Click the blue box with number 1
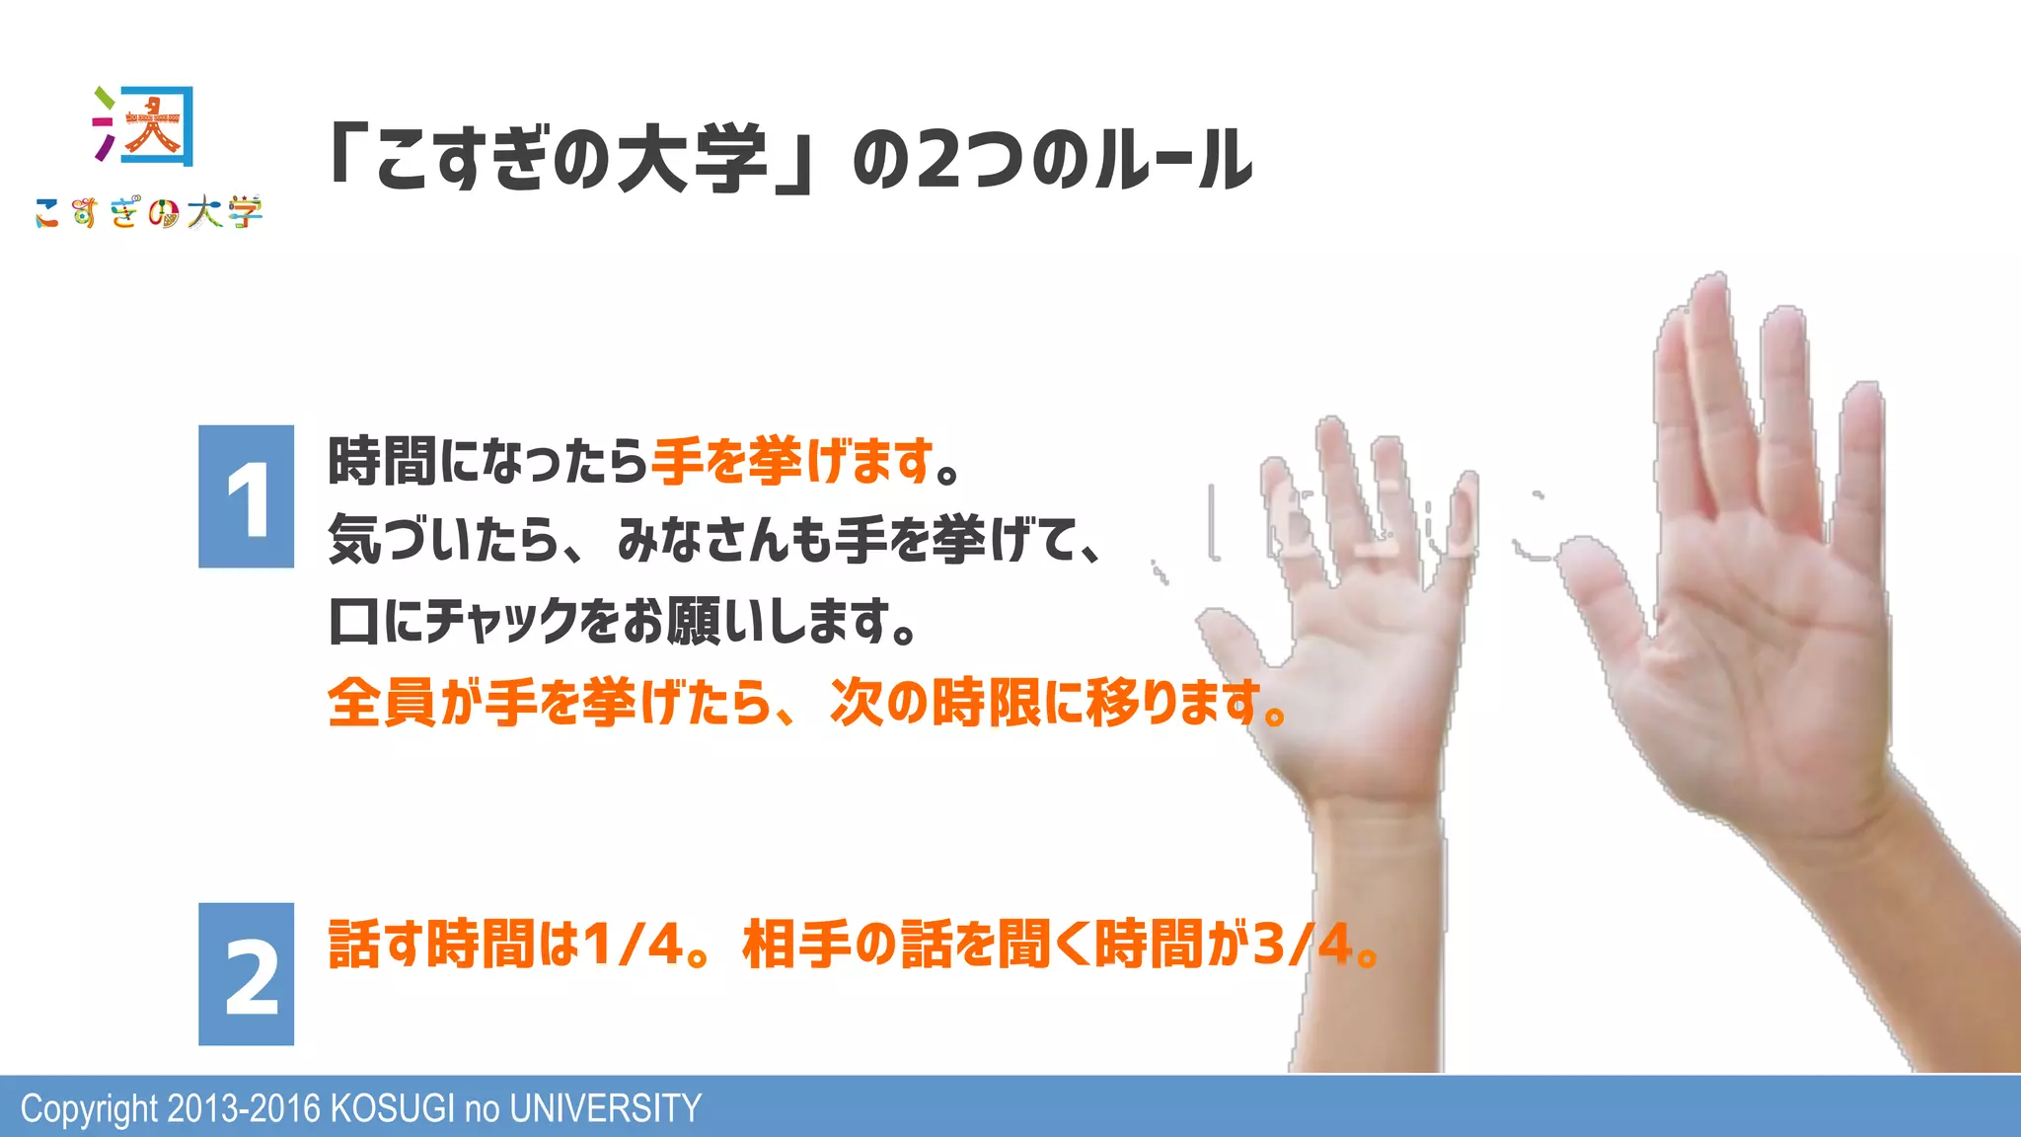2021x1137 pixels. coord(246,496)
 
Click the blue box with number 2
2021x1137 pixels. coord(246,974)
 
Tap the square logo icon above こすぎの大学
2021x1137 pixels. coord(145,125)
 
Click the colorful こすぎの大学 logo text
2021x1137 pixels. coord(149,212)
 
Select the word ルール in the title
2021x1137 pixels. coord(1173,160)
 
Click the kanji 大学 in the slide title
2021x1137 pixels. coord(692,160)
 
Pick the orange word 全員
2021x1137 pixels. coord(381,703)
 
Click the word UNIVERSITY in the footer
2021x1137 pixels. coord(605,1108)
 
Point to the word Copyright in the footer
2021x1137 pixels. coord(89,1108)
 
